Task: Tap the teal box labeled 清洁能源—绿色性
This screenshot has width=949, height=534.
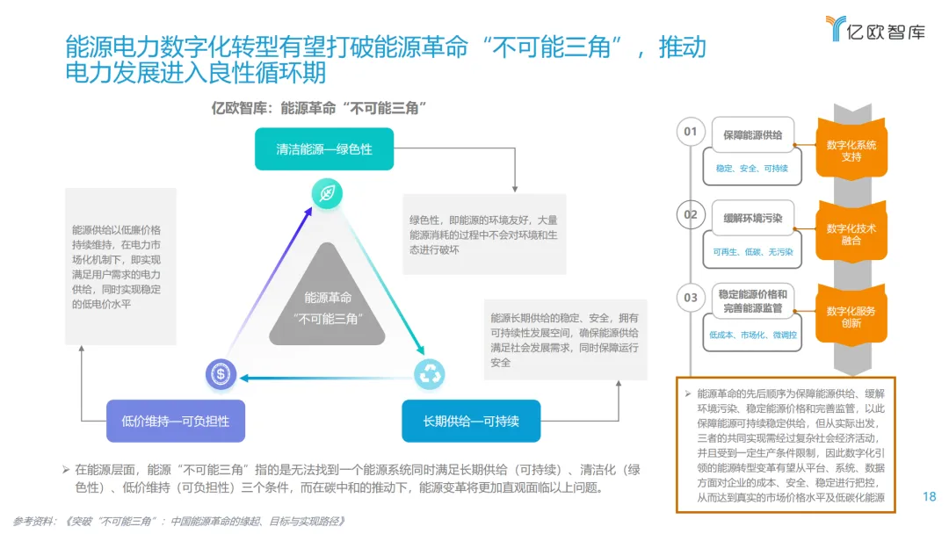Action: click(x=324, y=148)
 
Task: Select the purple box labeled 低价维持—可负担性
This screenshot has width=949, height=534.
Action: click(x=176, y=421)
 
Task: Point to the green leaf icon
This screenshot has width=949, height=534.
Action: click(x=327, y=193)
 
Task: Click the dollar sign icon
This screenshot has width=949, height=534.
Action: click(x=221, y=374)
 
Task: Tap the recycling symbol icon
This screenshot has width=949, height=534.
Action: click(x=431, y=374)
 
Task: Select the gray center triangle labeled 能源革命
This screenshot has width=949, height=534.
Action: click(x=327, y=303)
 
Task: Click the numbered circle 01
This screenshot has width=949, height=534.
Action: click(x=691, y=132)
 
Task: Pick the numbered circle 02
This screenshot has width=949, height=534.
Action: click(x=691, y=214)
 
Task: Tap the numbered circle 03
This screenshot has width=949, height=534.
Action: click(x=691, y=297)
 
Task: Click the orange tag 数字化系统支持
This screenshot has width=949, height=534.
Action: click(x=851, y=151)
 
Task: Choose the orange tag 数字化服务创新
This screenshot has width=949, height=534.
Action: click(x=851, y=316)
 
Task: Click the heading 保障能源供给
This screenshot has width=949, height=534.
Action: click(x=752, y=135)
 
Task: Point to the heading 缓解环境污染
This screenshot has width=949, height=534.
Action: click(x=752, y=218)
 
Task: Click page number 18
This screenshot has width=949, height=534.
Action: click(x=930, y=496)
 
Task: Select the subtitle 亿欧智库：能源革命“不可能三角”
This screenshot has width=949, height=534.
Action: click(x=320, y=108)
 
